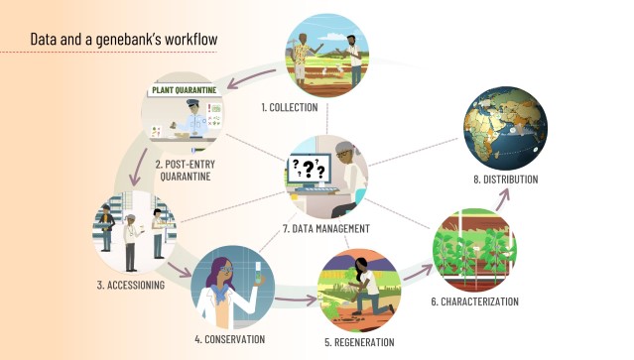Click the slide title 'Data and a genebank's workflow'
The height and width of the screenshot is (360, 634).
pos(124,39)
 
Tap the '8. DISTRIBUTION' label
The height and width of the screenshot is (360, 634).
pos(506,180)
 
